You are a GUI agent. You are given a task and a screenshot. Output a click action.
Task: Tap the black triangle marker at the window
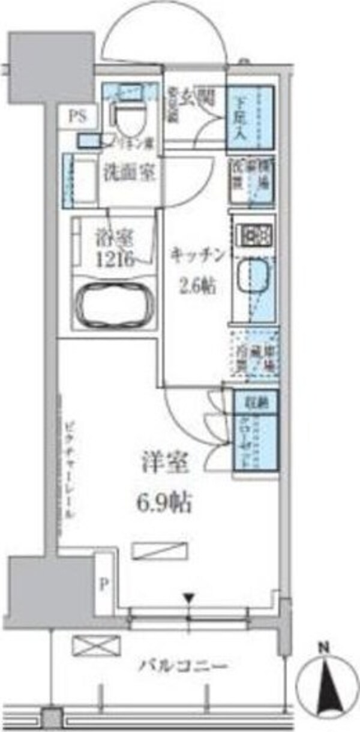[190, 597]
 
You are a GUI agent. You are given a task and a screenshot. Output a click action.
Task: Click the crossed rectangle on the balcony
[88, 646]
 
